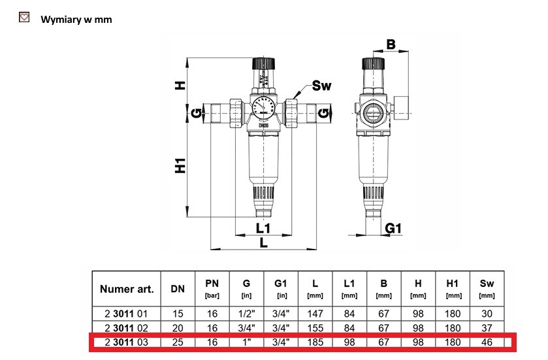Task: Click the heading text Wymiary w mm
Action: point(76,20)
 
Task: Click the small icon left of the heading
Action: point(25,18)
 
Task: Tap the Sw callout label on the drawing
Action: point(322,86)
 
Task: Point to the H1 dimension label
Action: point(181,166)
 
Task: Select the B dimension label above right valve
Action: point(391,44)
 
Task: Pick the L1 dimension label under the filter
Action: point(263,228)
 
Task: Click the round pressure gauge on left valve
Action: point(261,107)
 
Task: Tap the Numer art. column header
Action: point(127,288)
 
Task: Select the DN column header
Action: point(178,288)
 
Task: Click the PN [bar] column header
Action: point(212,287)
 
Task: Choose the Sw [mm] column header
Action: point(487,287)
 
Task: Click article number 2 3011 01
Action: point(127,314)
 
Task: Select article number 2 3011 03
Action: point(127,342)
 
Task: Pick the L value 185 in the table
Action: point(315,342)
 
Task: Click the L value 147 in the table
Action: point(315,314)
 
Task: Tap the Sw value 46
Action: point(487,342)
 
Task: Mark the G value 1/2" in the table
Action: point(246,314)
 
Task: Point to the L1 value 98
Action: point(349,342)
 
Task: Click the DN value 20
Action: point(178,327)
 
